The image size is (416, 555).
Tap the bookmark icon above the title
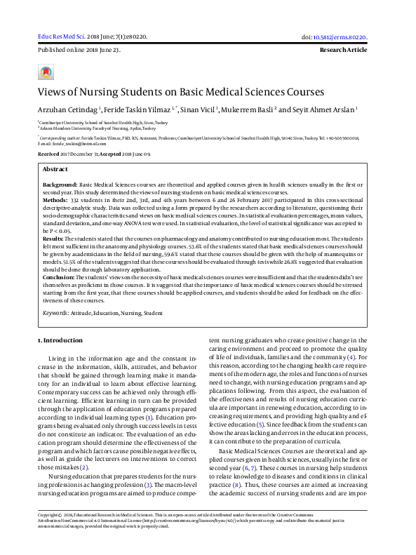[46, 72]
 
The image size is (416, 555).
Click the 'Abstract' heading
[55, 170]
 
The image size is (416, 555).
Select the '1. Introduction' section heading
[60, 340]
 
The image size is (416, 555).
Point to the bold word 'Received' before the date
[48, 153]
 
